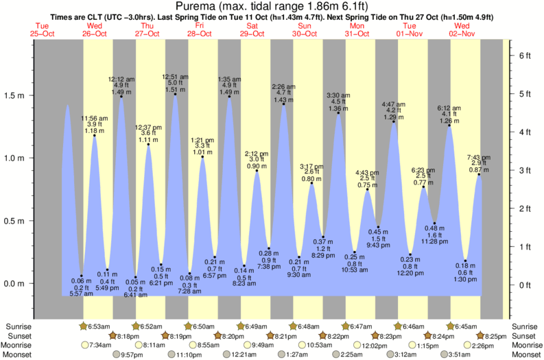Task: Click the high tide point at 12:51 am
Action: [175, 94]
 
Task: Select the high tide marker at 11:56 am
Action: [94, 136]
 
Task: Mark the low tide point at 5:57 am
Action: [82, 276]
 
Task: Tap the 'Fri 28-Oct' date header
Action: [199, 31]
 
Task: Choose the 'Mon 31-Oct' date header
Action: [357, 31]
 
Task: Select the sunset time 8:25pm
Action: [490, 336]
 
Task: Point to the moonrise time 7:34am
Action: [96, 346]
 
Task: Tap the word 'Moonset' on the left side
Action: [18, 355]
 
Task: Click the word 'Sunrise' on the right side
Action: [525, 326]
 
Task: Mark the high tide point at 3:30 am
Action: [338, 112]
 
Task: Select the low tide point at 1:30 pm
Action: [465, 261]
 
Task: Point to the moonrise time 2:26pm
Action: [490, 346]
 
